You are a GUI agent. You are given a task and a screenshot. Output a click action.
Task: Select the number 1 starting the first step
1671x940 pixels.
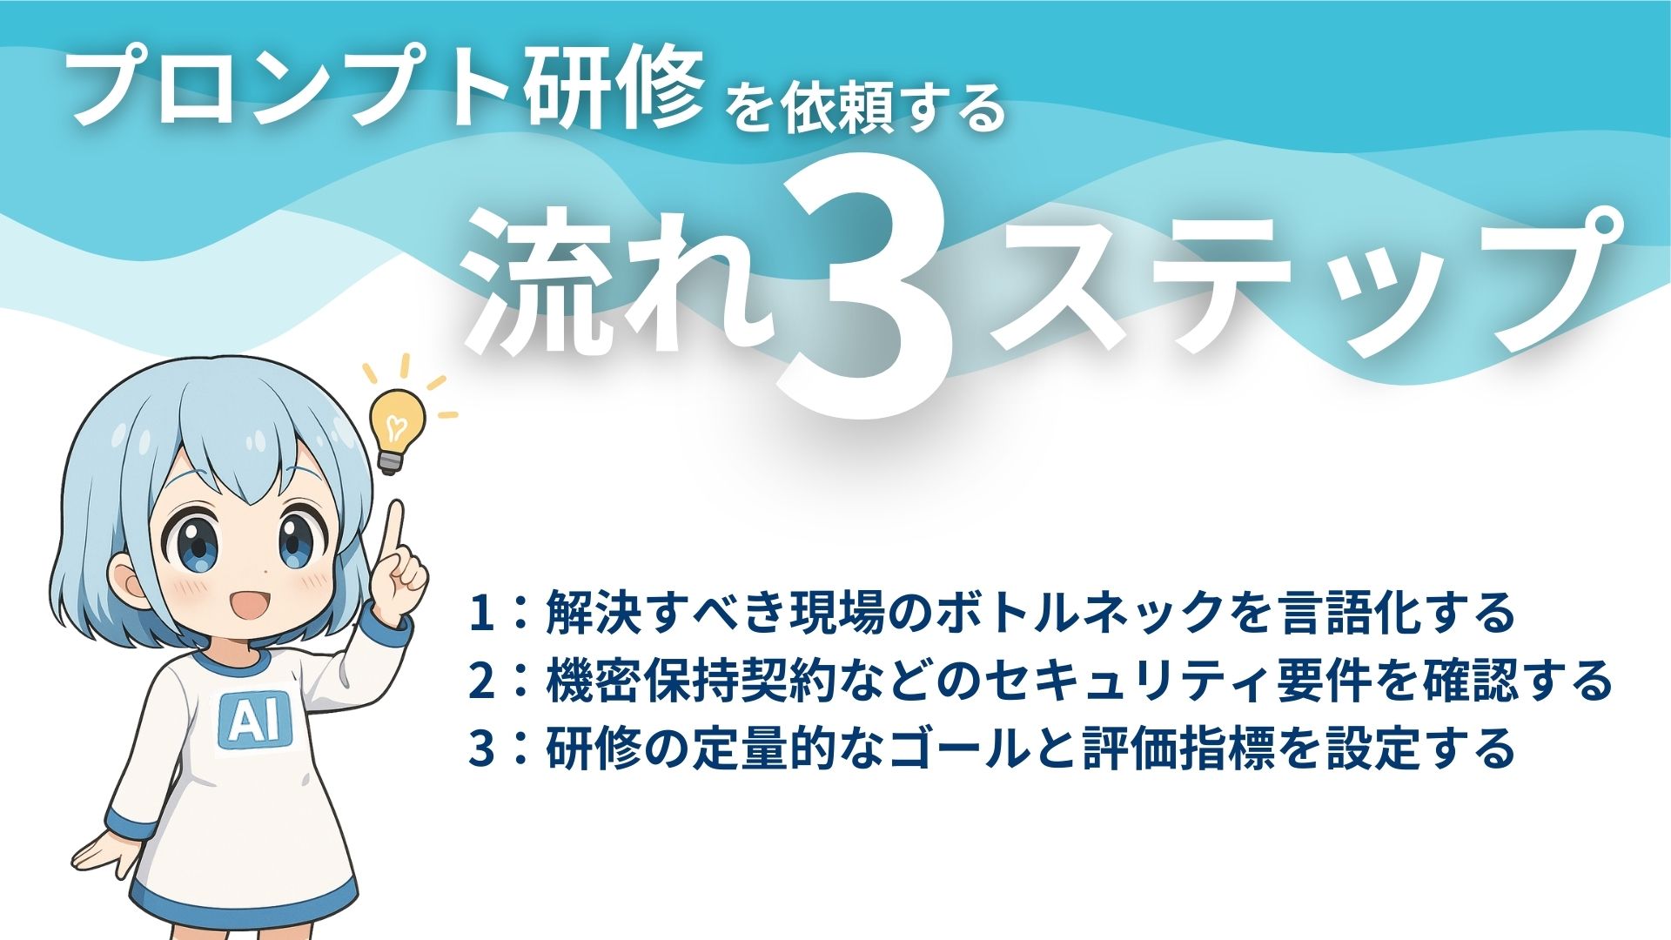click(x=481, y=614)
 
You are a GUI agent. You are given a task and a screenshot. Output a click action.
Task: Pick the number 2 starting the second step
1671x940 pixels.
click(x=481, y=681)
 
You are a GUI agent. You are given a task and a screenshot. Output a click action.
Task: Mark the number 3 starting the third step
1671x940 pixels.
click(x=481, y=749)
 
